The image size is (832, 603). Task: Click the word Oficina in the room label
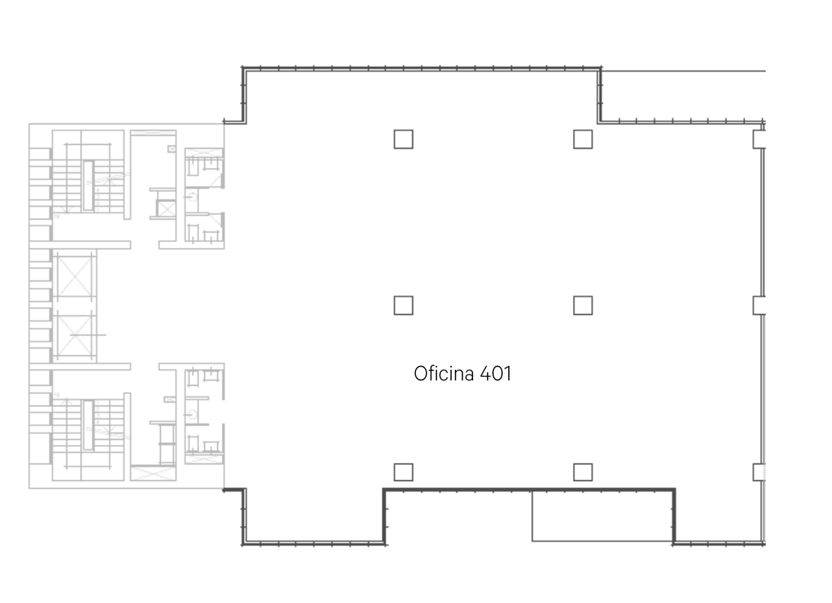point(445,374)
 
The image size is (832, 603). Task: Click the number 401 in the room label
point(495,374)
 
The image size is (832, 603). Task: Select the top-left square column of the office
point(403,140)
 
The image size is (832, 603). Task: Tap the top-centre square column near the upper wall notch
point(583,140)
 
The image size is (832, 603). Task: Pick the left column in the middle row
point(403,305)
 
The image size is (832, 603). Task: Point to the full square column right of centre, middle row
point(583,305)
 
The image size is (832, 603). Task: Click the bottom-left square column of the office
point(403,472)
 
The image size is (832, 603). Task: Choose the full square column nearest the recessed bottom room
point(583,472)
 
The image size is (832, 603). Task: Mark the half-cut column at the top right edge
point(760,140)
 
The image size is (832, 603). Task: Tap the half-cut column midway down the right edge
point(760,305)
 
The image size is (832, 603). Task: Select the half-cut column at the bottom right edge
point(760,472)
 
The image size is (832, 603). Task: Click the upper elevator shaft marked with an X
point(75,276)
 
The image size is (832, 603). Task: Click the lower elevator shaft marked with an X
point(75,335)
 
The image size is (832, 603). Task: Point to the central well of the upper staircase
point(88,186)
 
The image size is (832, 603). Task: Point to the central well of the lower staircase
point(88,425)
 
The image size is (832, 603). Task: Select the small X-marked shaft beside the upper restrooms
point(167,209)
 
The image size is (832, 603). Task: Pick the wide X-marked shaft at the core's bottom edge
point(153,473)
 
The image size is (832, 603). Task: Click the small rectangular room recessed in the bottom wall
point(603,516)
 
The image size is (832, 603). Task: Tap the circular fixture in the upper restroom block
point(192,197)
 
